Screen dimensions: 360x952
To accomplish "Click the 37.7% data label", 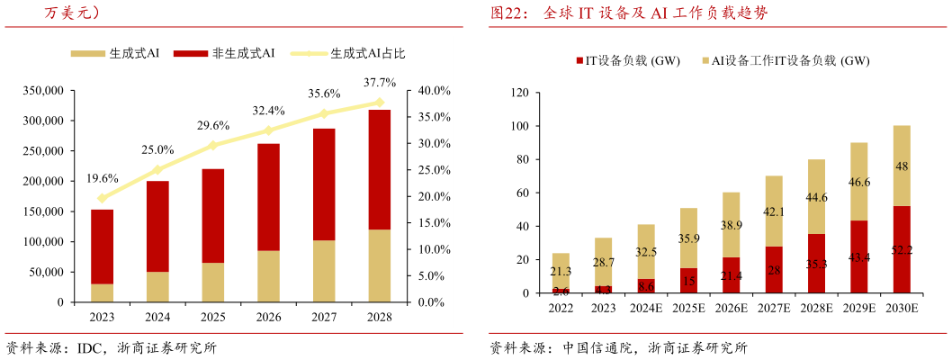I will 380,83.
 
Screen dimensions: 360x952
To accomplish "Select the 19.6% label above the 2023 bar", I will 102,178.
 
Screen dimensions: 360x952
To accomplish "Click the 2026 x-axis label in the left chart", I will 268,317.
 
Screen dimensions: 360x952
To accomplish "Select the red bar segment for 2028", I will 380,169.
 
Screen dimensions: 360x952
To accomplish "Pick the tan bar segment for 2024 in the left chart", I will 157,286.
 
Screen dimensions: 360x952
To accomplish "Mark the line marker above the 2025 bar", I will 213,145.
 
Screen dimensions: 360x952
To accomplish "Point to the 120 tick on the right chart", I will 518,93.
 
